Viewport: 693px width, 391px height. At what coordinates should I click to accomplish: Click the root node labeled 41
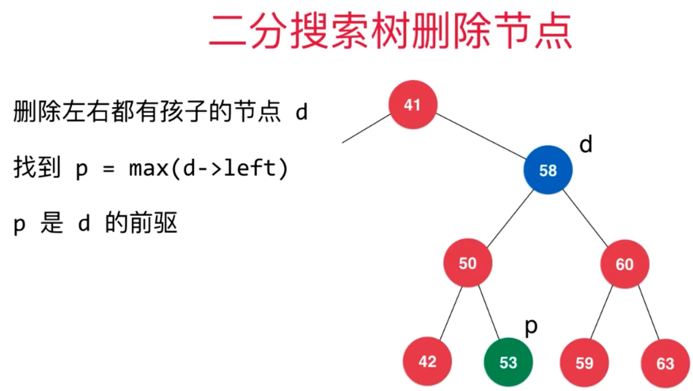(413, 105)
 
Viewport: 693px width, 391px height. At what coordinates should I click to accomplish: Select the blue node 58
(548, 170)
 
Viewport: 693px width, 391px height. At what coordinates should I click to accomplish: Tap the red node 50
(467, 263)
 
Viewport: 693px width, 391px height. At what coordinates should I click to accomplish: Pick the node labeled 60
(624, 264)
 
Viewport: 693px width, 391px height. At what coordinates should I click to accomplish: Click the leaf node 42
(427, 361)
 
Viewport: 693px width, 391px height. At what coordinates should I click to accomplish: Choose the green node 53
(508, 362)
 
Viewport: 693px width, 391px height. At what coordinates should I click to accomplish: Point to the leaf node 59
(584, 363)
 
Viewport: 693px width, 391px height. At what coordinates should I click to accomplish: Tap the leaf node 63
(665, 363)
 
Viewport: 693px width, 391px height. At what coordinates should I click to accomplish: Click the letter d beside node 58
(586, 145)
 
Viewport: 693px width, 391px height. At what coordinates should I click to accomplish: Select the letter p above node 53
(531, 327)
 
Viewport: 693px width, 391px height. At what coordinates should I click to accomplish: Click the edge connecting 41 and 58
(480, 135)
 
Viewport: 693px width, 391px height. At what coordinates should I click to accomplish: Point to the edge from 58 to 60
(585, 217)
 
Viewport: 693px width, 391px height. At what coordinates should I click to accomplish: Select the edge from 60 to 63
(648, 313)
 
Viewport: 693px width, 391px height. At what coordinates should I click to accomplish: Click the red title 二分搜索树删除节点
(390, 31)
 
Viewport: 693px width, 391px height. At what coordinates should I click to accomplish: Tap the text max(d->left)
(209, 168)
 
